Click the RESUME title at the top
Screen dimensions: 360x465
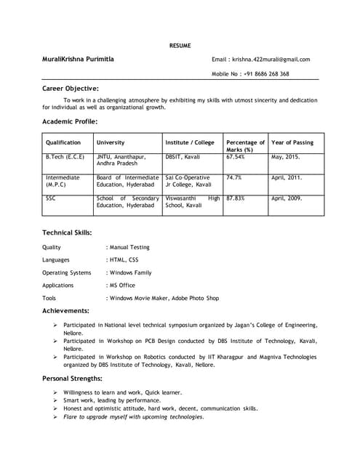coord(180,46)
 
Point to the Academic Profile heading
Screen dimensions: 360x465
coord(70,121)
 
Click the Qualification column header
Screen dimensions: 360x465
coord(63,142)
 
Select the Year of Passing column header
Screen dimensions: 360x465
coord(292,142)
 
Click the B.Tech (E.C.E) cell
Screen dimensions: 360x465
coord(65,157)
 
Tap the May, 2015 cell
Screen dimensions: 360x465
coord(286,157)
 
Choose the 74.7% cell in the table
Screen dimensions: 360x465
coord(233,177)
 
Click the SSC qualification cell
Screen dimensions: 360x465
coord(50,198)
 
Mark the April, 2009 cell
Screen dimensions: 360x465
coord(287,198)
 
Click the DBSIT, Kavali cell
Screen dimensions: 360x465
coord(183,157)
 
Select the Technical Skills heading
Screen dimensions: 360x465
coord(67,232)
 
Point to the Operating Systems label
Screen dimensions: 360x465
coord(67,272)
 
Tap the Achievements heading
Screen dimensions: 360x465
coord(66,310)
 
